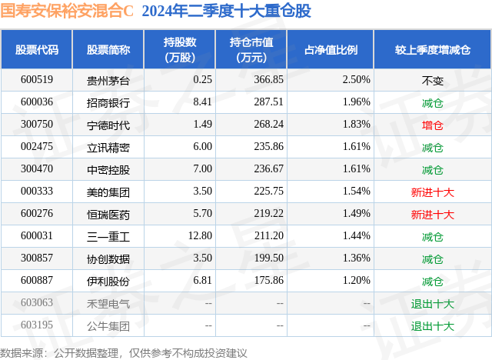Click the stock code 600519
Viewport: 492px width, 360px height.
tap(37, 79)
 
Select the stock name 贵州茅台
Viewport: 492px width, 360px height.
tap(108, 79)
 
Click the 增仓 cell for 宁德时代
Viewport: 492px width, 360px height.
tap(433, 125)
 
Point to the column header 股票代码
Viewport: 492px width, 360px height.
tap(37, 49)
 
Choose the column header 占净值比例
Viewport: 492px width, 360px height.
tap(336, 49)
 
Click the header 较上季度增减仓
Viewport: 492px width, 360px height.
tap(433, 49)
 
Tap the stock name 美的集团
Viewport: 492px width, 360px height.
tap(108, 192)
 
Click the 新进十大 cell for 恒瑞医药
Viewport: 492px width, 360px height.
tap(433, 214)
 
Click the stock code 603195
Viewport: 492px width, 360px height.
tap(37, 325)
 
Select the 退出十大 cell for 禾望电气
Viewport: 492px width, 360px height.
tap(433, 303)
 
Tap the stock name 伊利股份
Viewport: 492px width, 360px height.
tap(108, 281)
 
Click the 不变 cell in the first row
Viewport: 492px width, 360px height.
tap(433, 79)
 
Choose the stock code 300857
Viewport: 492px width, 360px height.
tap(37, 258)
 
